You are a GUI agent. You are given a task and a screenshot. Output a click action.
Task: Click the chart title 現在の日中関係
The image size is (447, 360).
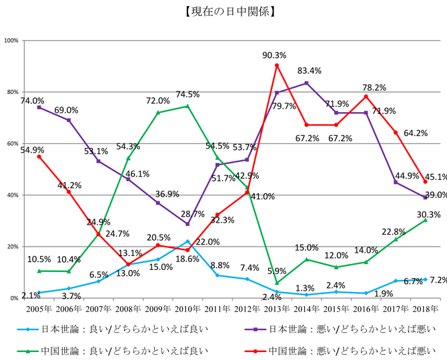click(223, 12)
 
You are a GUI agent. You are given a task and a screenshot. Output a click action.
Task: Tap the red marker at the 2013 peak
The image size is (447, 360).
click(277, 65)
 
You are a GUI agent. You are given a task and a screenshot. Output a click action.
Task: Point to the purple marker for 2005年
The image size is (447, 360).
click(39, 107)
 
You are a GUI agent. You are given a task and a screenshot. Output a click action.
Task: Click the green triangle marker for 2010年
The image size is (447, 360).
click(187, 106)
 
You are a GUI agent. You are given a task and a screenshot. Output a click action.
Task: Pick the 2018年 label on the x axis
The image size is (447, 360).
click(426, 309)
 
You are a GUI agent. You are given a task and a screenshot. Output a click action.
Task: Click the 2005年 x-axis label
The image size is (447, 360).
click(39, 309)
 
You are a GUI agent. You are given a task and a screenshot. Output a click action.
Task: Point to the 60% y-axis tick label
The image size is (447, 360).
click(12, 143)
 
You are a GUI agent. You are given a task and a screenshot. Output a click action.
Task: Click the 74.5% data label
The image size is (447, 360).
click(188, 94)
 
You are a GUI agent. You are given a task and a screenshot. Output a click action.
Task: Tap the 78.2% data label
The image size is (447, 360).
click(374, 87)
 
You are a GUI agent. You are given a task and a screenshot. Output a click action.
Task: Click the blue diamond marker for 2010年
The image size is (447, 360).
click(187, 241)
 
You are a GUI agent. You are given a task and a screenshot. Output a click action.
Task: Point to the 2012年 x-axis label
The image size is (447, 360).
click(247, 309)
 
